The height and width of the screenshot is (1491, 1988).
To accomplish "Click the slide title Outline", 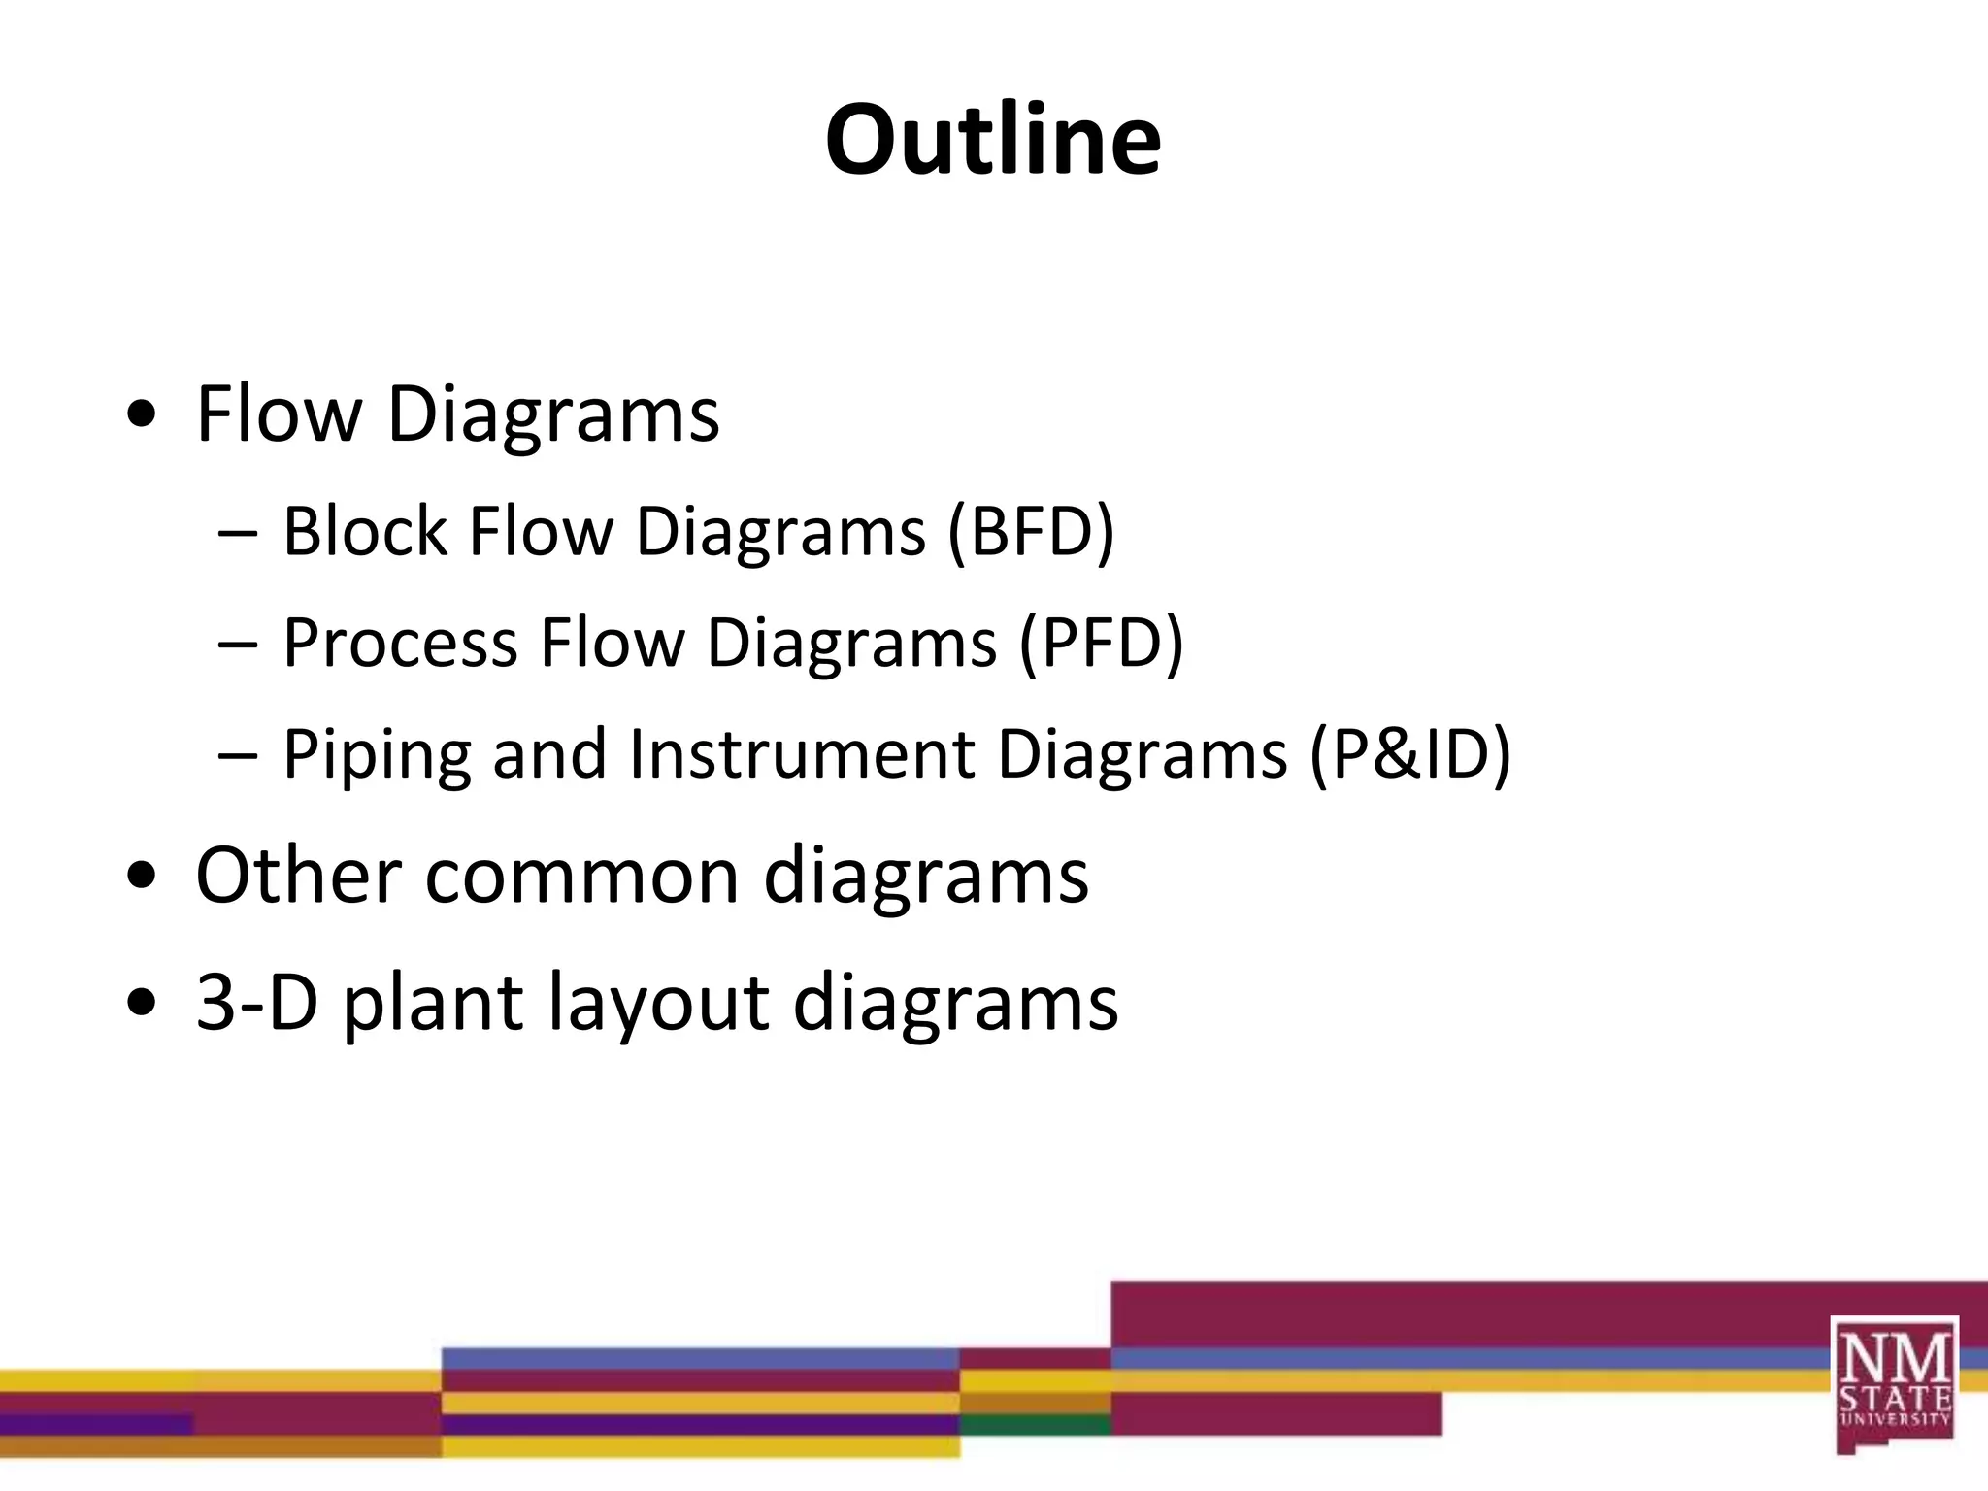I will point(993,141).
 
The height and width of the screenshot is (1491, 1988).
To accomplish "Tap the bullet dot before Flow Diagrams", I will point(142,415).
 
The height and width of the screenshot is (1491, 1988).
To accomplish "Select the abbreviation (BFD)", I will point(1031,532).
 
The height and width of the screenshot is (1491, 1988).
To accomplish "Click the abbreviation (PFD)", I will point(1101,643).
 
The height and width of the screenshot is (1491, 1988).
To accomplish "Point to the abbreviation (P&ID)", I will point(1410,754).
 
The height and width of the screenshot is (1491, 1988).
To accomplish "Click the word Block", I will point(365,532).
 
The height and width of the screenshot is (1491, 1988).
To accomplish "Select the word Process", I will point(400,643).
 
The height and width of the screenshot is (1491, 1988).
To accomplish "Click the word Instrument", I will point(802,754).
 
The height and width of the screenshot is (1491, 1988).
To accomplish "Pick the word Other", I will point(299,876).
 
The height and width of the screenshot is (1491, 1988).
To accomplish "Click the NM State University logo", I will point(1894,1382).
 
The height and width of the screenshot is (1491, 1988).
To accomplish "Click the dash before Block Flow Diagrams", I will point(238,534).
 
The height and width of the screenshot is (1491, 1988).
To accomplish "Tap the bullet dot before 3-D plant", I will point(142,1004).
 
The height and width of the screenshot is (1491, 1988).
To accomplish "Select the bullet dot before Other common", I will point(142,877).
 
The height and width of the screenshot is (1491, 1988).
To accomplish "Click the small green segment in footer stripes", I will point(1035,1425).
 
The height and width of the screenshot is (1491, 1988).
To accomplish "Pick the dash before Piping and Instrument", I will point(238,755).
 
